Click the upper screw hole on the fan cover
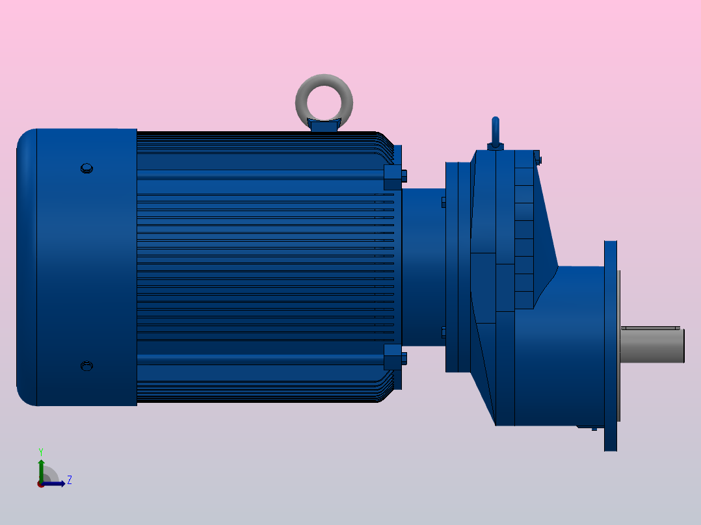[x=86, y=169]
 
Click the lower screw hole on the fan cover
[x=86, y=366]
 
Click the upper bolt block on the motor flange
[x=393, y=177]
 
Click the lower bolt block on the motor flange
[x=393, y=357]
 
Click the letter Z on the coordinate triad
[x=69, y=480]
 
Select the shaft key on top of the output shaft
[x=650, y=327]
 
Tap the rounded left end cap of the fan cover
[x=26, y=266]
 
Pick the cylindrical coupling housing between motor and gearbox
[x=423, y=266]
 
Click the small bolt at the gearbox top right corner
[x=537, y=157]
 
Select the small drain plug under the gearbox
[x=594, y=428]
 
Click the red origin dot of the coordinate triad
[x=41, y=484]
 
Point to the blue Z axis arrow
[x=56, y=483]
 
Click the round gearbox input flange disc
[x=453, y=266]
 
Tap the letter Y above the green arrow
[x=41, y=451]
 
